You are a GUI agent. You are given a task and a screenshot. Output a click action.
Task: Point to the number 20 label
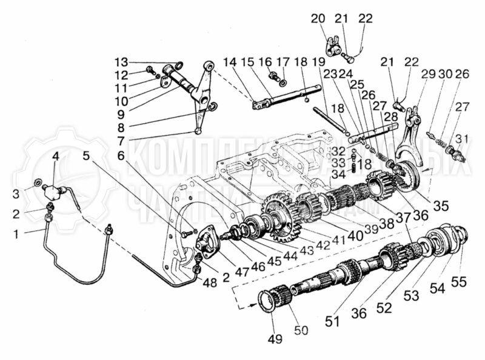click(x=318, y=19)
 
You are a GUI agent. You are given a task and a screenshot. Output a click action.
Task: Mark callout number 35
click(x=441, y=205)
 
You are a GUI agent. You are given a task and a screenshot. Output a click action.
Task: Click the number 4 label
click(x=55, y=156)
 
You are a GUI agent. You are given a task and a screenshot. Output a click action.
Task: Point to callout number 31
click(x=463, y=139)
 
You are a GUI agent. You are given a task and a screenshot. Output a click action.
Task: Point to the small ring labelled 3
click(x=39, y=182)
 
